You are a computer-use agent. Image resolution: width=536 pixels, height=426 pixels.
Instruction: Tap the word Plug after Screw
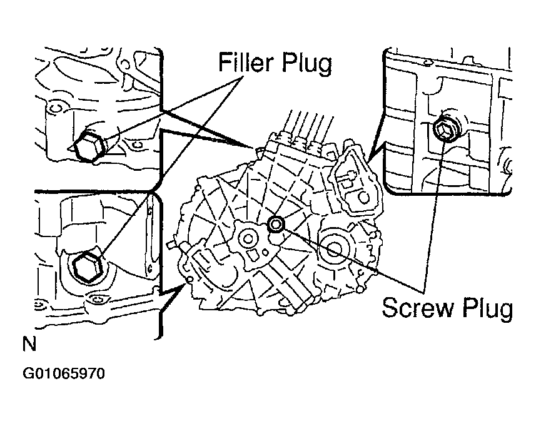tap(484, 309)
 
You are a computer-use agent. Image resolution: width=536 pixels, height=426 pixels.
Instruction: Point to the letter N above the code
tap(28, 343)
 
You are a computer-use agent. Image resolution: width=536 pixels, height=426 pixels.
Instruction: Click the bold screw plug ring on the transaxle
tap(276, 224)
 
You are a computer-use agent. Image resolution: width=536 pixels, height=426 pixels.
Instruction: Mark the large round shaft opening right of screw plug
tap(331, 248)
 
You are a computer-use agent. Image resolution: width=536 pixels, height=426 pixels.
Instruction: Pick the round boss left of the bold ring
tap(248, 238)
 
